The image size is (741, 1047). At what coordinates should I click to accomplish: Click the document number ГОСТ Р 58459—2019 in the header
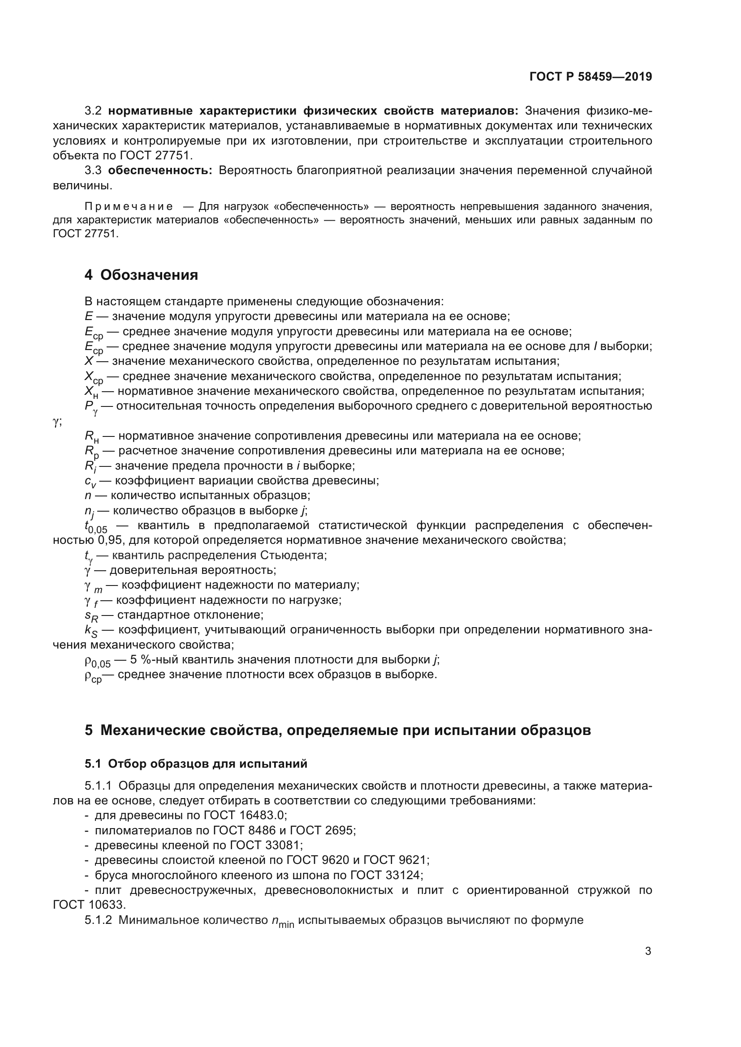(590, 77)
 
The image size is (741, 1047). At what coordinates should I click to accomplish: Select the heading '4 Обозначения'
(141, 275)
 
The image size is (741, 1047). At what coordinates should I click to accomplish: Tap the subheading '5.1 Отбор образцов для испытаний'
(196, 764)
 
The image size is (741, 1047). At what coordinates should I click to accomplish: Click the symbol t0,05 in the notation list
(96, 527)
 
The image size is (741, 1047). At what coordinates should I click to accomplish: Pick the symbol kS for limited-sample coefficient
(91, 631)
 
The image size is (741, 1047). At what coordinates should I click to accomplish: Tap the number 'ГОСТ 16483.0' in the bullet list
(245, 815)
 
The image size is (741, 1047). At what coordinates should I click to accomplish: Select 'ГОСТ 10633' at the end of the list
(89, 905)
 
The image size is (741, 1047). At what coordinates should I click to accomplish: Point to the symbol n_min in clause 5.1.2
(282, 921)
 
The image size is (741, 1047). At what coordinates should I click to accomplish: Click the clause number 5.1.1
(98, 786)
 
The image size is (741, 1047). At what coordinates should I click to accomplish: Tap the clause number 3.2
(93, 111)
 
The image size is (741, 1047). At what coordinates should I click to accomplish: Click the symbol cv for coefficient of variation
(90, 482)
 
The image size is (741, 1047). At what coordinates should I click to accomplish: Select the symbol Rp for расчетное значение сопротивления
(91, 452)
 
